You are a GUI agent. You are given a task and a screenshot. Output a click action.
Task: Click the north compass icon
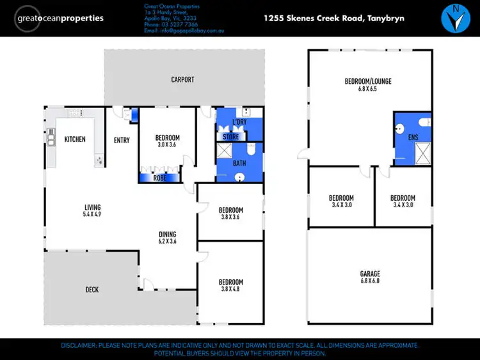point(455,19)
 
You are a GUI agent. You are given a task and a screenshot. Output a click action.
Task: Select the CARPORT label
point(182,80)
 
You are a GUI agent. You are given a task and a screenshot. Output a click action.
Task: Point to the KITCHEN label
point(75,139)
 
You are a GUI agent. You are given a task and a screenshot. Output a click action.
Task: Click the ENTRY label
point(122,140)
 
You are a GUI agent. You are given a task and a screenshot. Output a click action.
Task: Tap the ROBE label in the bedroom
point(160,178)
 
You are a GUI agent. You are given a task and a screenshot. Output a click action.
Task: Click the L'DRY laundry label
point(239,122)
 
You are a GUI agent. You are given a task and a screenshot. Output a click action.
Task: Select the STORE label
point(230,137)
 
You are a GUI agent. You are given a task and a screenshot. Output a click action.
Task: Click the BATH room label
point(239,164)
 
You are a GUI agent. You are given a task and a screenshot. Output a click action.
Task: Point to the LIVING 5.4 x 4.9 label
point(93,210)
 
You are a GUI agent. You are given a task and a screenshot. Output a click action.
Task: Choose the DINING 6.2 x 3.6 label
point(167,238)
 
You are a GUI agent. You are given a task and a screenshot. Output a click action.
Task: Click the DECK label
point(92,290)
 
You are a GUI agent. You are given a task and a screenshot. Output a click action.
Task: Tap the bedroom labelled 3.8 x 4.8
point(230,286)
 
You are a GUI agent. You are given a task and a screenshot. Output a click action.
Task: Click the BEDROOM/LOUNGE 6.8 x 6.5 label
point(368,85)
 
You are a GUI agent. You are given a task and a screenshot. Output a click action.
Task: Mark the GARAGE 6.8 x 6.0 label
point(370,278)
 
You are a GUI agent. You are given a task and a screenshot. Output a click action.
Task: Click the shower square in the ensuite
point(422,151)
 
